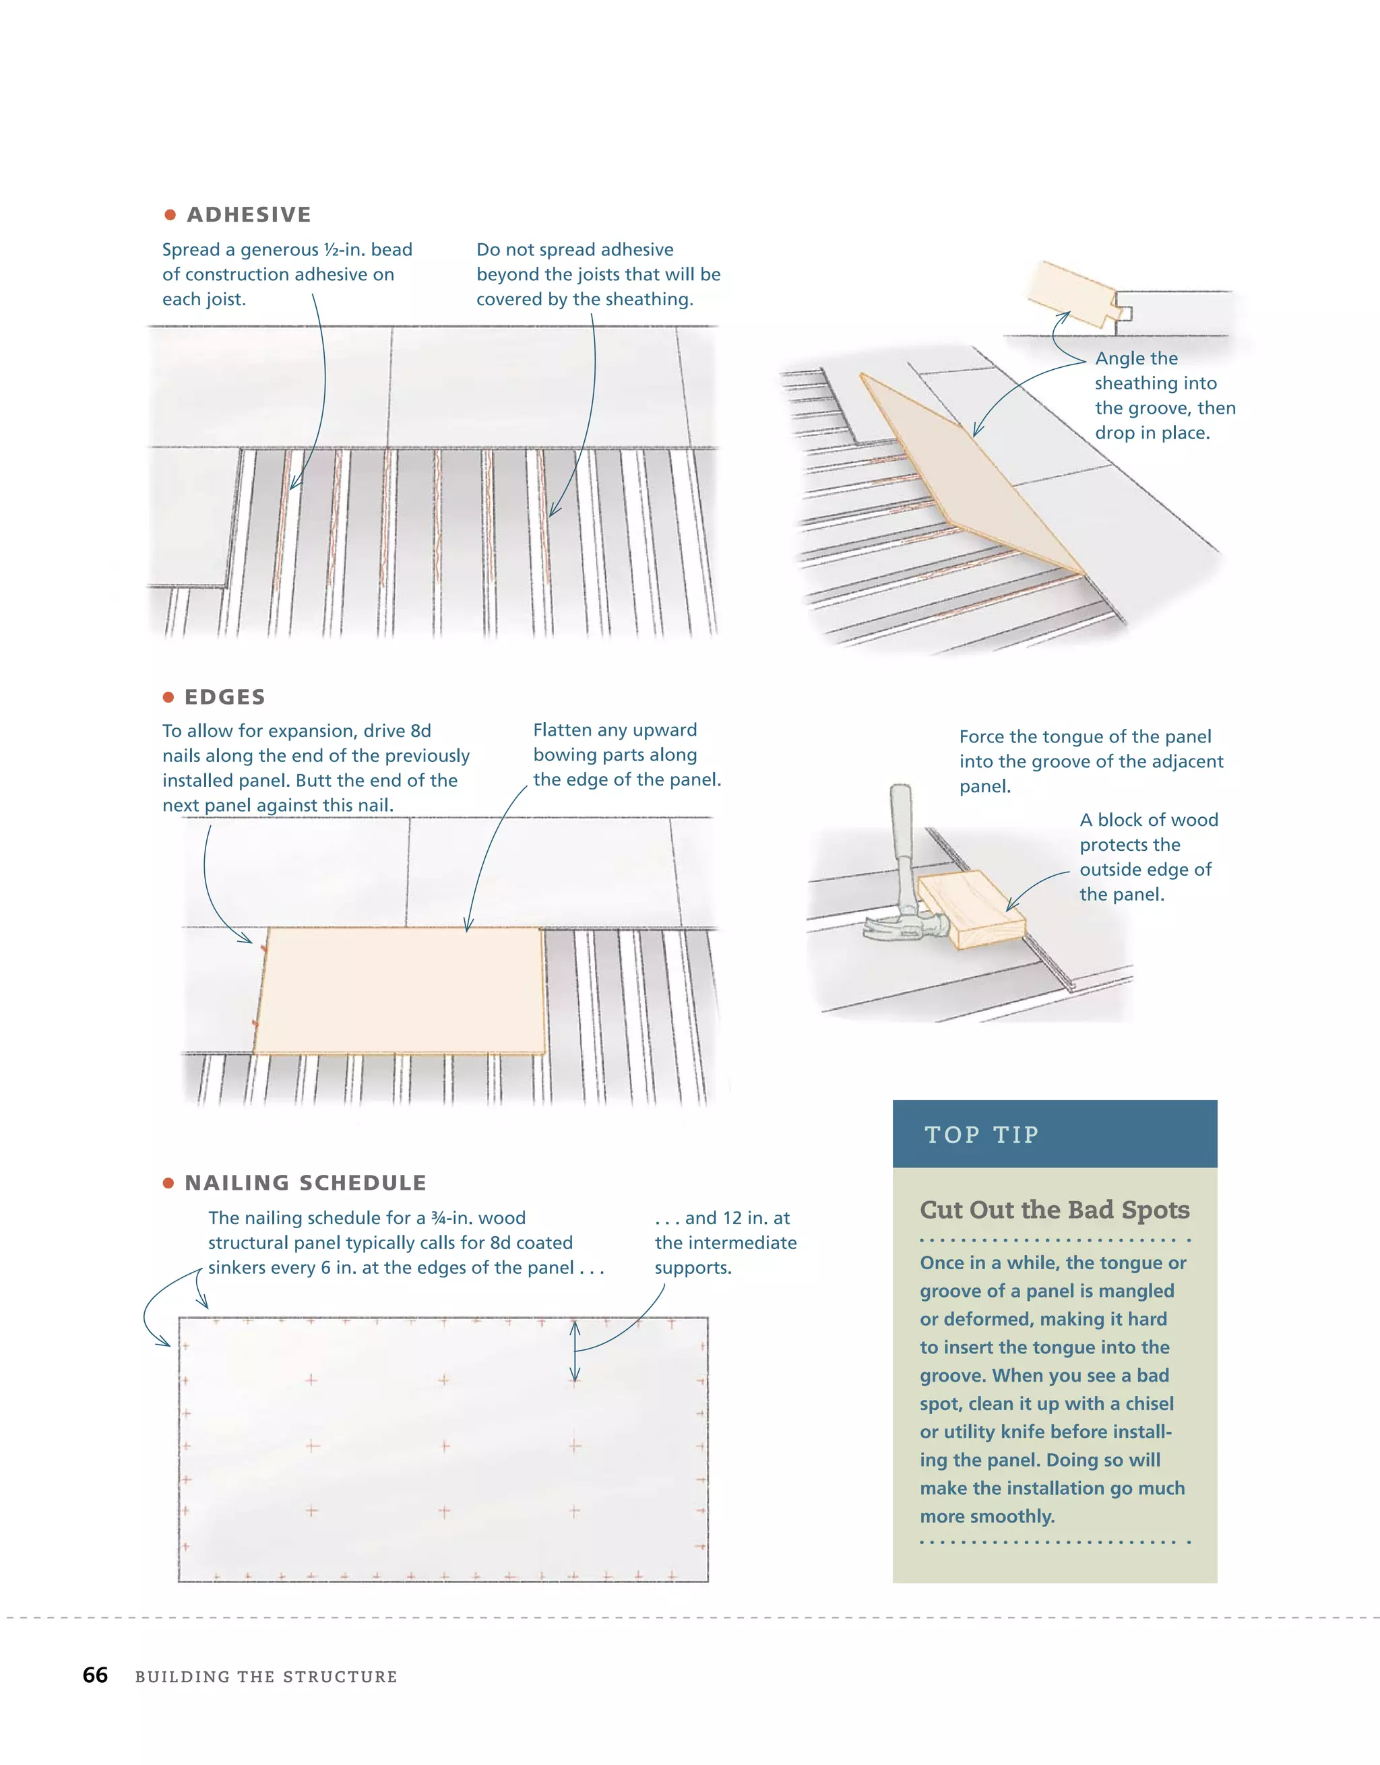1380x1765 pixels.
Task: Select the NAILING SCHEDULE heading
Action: pos(305,1182)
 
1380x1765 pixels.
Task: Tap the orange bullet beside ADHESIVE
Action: pos(170,215)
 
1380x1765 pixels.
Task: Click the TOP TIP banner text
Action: pos(982,1134)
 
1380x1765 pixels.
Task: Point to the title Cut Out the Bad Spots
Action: pos(1053,1210)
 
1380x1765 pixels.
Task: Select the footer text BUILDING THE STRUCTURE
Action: pos(266,1677)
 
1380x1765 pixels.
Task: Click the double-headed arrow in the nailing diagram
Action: pos(574,1351)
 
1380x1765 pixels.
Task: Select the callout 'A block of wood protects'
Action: pos(1148,833)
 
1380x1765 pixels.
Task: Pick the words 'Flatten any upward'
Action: pos(615,730)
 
